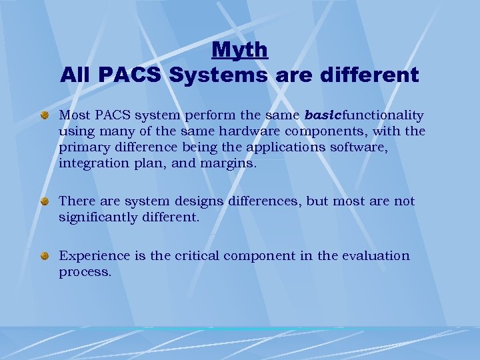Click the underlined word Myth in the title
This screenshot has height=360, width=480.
[240, 49]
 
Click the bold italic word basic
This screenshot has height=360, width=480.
[323, 115]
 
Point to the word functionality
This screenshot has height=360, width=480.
[383, 115]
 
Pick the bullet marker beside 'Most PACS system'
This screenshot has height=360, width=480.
[45, 116]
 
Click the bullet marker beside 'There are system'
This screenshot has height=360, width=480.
[45, 201]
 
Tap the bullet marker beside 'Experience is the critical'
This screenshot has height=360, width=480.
[45, 256]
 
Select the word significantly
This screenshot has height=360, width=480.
[100, 217]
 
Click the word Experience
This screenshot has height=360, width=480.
[91, 256]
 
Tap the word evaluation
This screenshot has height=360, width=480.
[376, 256]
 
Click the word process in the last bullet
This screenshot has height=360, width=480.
[83, 272]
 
